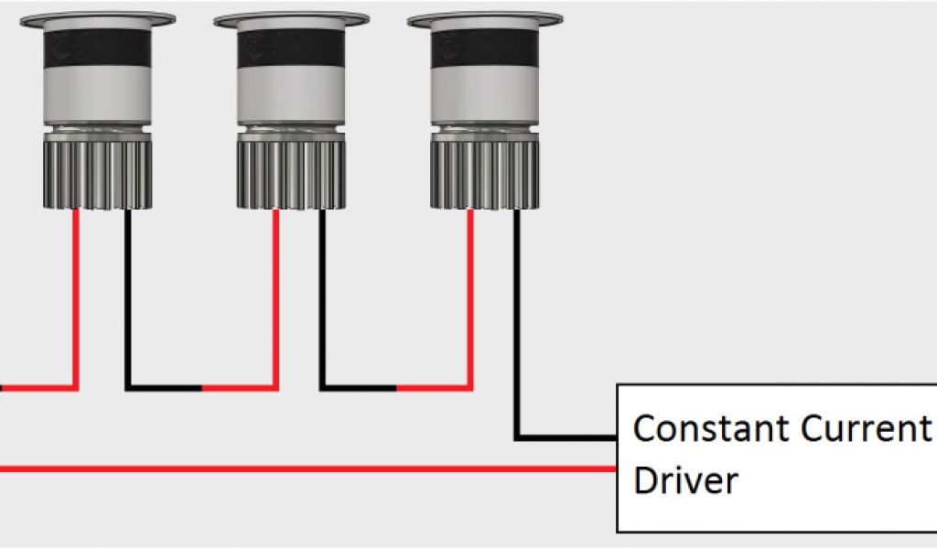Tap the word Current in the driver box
(x=865, y=428)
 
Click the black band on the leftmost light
(x=97, y=48)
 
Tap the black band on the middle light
(x=291, y=48)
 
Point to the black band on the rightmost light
(x=485, y=48)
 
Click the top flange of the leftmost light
(x=97, y=18)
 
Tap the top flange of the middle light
(x=291, y=18)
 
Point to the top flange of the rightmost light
(x=485, y=18)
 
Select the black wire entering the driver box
(x=567, y=438)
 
